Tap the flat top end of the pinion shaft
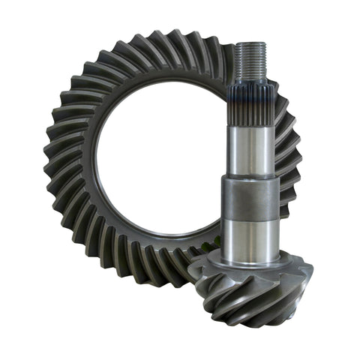coord(249,44)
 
